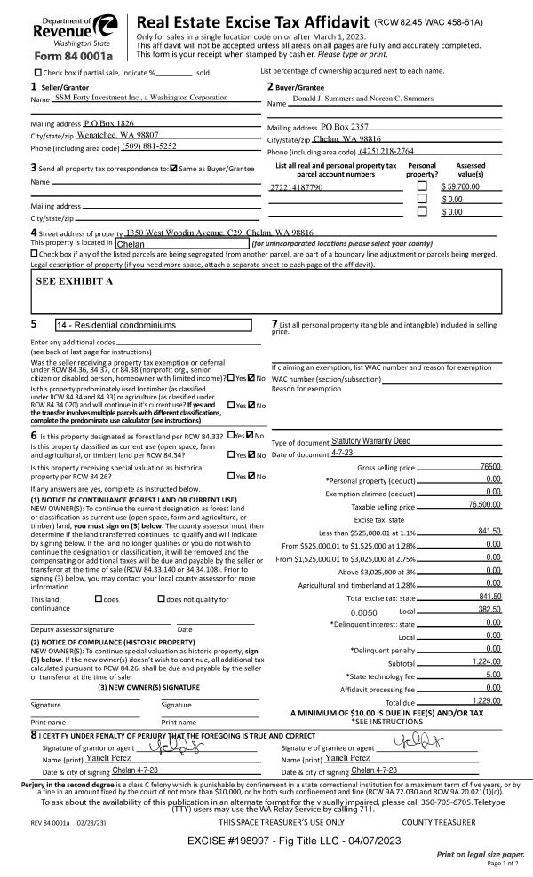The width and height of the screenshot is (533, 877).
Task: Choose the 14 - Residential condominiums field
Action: pyautogui.click(x=159, y=325)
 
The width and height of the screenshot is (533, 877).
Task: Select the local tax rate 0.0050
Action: pyautogui.click(x=364, y=612)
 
